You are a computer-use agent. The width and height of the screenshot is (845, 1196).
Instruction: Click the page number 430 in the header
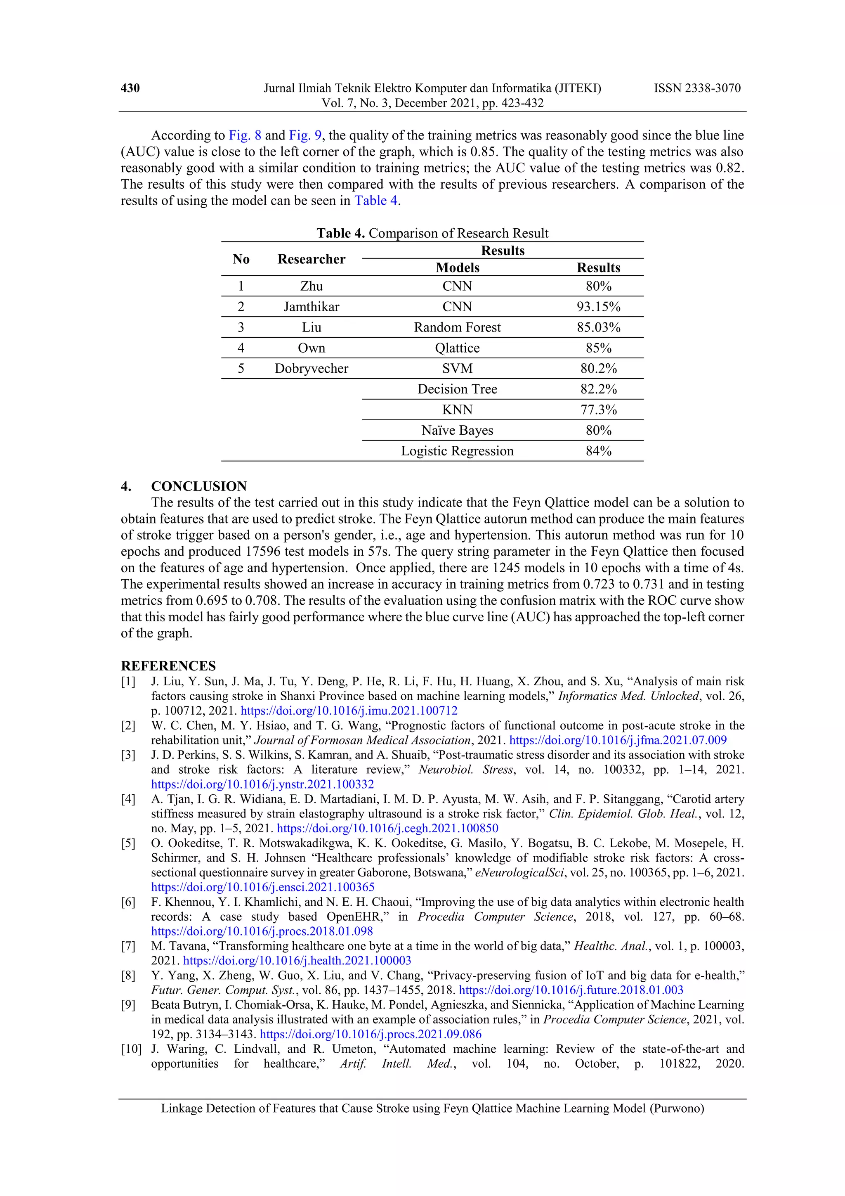130,88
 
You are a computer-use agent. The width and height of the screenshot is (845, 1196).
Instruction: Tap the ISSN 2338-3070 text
697,88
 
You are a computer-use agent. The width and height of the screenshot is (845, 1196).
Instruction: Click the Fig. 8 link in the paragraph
245,135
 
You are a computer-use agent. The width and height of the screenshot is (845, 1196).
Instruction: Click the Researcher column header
312,259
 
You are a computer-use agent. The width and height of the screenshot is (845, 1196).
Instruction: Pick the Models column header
457,268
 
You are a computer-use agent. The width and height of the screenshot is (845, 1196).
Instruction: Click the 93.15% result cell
598,307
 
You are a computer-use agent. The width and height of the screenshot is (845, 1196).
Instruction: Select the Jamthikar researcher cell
312,307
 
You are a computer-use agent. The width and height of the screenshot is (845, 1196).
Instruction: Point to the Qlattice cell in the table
457,348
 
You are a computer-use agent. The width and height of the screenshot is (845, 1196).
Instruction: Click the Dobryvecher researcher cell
312,368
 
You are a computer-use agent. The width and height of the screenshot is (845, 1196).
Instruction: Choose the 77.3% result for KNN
598,410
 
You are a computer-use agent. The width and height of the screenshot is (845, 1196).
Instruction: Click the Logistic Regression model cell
457,451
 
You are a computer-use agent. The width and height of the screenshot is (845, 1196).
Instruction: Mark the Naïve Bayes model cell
457,430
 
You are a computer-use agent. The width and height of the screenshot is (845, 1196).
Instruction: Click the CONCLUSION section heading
199,486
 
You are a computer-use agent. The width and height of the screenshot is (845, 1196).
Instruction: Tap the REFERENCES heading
168,666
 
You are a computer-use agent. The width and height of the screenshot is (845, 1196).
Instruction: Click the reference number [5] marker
128,843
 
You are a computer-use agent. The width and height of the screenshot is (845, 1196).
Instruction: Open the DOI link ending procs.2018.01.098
262,931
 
